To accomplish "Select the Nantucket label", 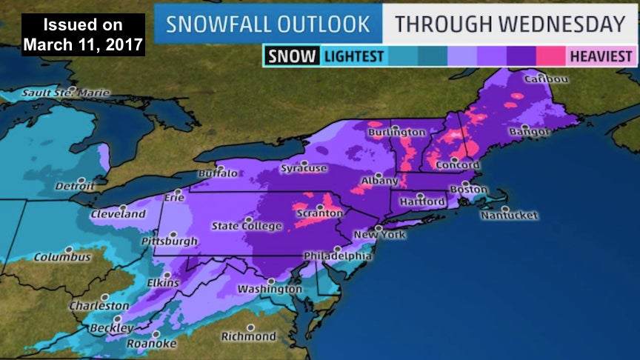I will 509,216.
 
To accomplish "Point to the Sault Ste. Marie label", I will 65,93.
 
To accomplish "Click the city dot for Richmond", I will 251,327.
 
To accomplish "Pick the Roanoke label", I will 151,344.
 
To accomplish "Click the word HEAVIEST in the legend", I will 601,56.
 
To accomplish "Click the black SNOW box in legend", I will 292,56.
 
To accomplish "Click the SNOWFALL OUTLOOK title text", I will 267,24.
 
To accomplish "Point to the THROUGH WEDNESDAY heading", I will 510,24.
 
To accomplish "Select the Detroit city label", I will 74,185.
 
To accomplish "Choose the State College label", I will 247,226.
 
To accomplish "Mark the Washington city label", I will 270,289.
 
